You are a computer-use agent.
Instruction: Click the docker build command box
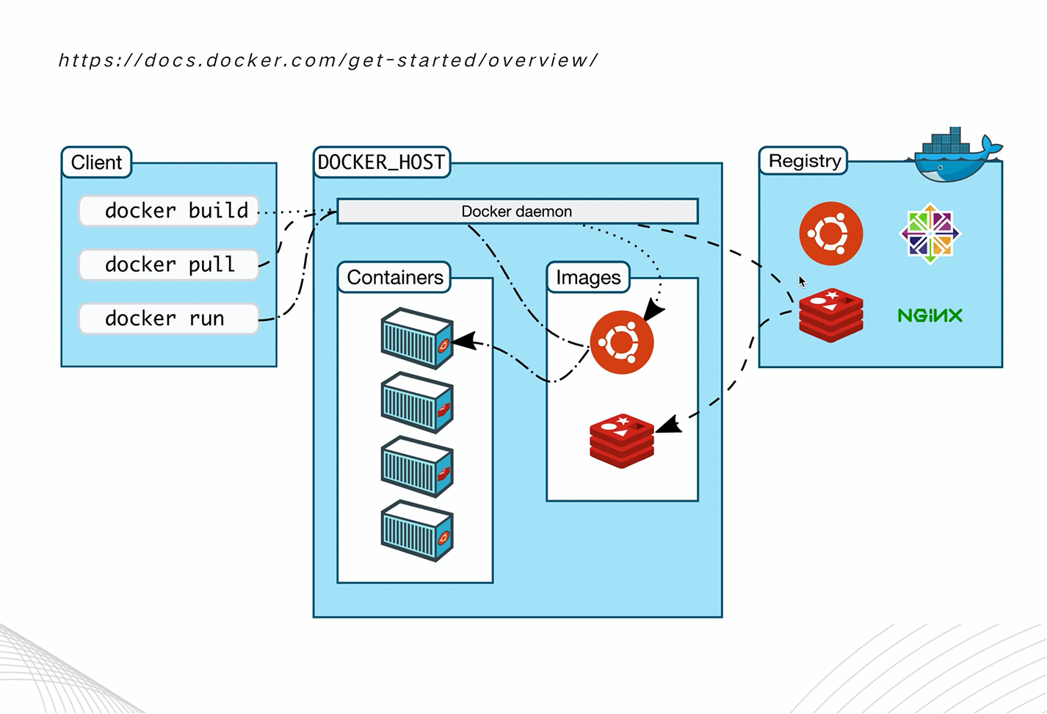(x=169, y=211)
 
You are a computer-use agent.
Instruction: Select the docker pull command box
(x=169, y=264)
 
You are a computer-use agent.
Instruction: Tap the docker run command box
(x=169, y=319)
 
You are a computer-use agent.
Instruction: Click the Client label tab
(x=96, y=162)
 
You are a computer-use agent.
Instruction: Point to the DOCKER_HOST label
(x=381, y=162)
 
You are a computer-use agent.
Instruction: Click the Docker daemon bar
(x=517, y=212)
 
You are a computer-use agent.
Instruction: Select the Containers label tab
(x=394, y=278)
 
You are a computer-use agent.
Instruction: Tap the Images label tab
(x=588, y=278)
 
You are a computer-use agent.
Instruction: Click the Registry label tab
(x=804, y=161)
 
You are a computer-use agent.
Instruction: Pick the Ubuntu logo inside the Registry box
(x=830, y=234)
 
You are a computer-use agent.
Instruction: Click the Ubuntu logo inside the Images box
(x=622, y=342)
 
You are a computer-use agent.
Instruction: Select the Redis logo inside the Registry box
(x=830, y=315)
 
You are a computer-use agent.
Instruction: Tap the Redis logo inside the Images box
(x=622, y=441)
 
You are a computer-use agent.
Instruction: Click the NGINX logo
(x=930, y=316)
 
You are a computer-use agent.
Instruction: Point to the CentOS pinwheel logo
(x=930, y=234)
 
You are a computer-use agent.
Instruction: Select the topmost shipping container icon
(x=417, y=338)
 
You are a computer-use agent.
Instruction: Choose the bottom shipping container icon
(x=417, y=530)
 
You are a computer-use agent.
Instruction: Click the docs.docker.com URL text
(x=328, y=60)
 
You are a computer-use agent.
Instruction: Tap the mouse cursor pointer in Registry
(x=802, y=281)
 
